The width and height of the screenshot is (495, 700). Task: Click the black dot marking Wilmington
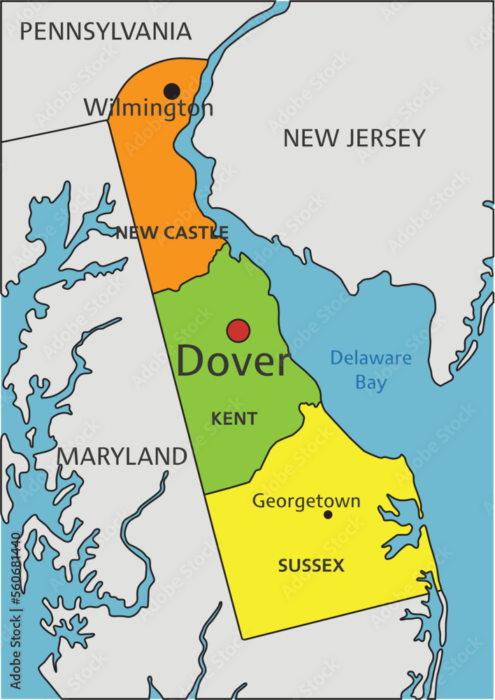171,91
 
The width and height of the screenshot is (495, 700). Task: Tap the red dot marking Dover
238,330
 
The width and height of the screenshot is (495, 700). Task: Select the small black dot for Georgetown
328,515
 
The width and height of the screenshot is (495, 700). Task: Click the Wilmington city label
148,108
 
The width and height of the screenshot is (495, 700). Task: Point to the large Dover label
231,362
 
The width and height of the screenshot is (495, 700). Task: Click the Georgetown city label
306,501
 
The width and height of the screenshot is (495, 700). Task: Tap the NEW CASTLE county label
172,233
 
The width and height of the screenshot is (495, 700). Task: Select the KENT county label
234,419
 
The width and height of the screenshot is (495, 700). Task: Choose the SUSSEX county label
311,566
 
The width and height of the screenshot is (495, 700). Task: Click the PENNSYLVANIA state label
106,31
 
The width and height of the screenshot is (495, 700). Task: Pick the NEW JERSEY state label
354,138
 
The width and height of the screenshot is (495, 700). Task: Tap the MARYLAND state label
122,456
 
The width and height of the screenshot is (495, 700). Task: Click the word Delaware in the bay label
371,358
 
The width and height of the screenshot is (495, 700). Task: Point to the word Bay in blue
371,383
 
